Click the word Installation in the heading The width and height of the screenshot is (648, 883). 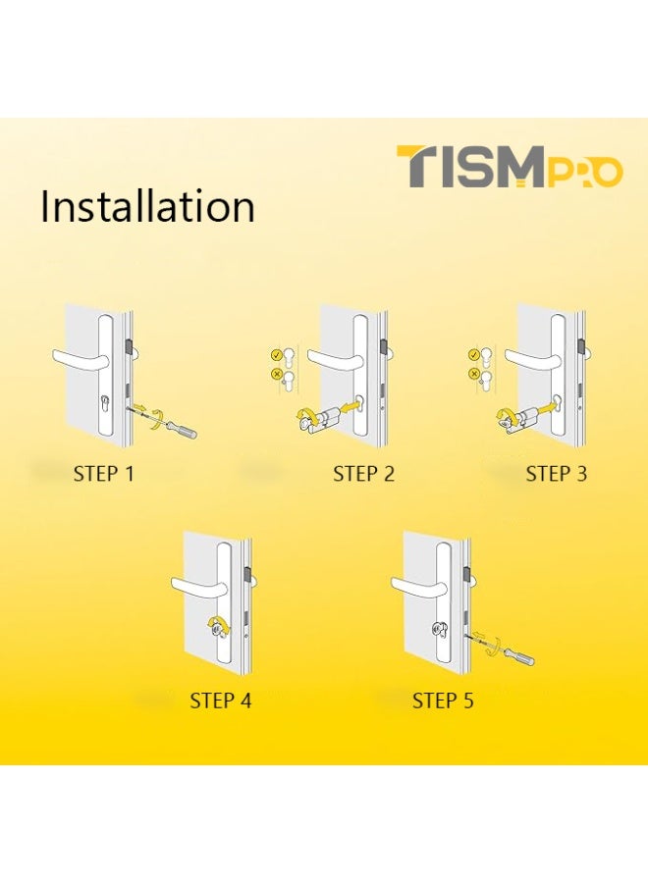147,207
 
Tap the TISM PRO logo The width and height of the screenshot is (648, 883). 509,168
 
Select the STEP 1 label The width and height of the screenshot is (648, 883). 103,474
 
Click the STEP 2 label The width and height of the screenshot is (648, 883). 363,474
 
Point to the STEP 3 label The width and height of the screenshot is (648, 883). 556,474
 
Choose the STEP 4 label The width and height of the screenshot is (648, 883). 221,701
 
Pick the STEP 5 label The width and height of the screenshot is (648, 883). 443,701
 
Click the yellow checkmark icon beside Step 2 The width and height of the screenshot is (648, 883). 277,355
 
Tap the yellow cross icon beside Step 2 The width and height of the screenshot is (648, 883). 277,374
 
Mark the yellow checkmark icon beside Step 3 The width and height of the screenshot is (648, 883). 474,355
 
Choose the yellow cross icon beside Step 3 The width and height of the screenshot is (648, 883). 474,374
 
